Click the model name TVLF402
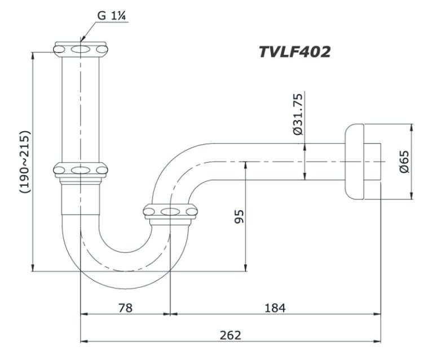point(294,52)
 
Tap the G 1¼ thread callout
point(110,15)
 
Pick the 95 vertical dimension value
point(238,217)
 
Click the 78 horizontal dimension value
point(126,308)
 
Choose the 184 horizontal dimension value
point(275,308)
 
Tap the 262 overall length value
point(230,335)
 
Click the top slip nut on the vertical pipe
point(81,49)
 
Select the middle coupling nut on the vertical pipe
point(81,170)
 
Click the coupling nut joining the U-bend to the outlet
point(170,212)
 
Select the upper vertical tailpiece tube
point(81,107)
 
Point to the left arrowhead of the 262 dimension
point(85,341)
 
